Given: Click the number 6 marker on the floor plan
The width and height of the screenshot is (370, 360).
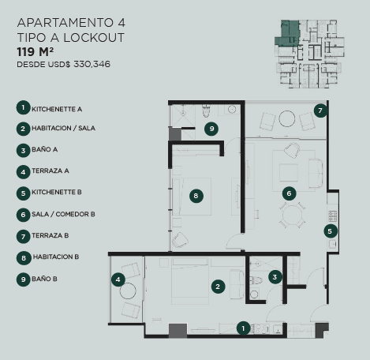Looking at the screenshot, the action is [x=289, y=193].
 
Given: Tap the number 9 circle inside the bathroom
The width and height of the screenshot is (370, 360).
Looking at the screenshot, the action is [x=211, y=129].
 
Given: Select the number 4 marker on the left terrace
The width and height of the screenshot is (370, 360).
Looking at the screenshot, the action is [x=118, y=279].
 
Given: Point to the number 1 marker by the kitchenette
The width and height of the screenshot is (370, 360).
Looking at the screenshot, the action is [x=243, y=328].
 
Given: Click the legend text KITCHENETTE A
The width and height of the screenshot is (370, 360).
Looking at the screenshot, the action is [x=57, y=109].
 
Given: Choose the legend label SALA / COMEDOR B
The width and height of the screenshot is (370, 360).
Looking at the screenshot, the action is [x=63, y=214].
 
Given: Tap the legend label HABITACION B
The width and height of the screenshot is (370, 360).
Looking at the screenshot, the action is [x=56, y=257].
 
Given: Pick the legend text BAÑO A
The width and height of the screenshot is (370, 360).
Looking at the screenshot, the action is [x=44, y=149].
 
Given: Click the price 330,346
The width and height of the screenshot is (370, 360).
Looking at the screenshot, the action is [x=92, y=64].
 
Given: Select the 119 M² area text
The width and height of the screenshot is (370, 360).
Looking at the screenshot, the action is [x=36, y=52].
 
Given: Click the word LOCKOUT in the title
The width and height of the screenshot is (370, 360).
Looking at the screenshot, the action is [x=94, y=38].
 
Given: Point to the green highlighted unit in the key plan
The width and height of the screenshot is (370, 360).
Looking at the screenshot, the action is [x=287, y=33].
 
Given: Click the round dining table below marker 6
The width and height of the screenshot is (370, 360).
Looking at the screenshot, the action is [x=292, y=215].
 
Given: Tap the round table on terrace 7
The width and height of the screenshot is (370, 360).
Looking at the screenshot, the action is [x=287, y=118].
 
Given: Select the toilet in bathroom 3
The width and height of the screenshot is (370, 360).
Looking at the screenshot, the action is [x=256, y=279].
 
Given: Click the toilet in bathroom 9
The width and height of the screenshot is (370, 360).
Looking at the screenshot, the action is [x=206, y=111].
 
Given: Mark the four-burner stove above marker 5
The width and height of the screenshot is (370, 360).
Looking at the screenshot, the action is [x=333, y=216].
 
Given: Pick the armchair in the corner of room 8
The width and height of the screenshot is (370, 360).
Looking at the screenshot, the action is [x=180, y=240].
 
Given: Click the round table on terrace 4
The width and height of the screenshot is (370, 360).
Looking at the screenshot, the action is [x=128, y=291].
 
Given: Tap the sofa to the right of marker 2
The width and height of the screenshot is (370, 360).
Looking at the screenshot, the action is [x=237, y=284].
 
